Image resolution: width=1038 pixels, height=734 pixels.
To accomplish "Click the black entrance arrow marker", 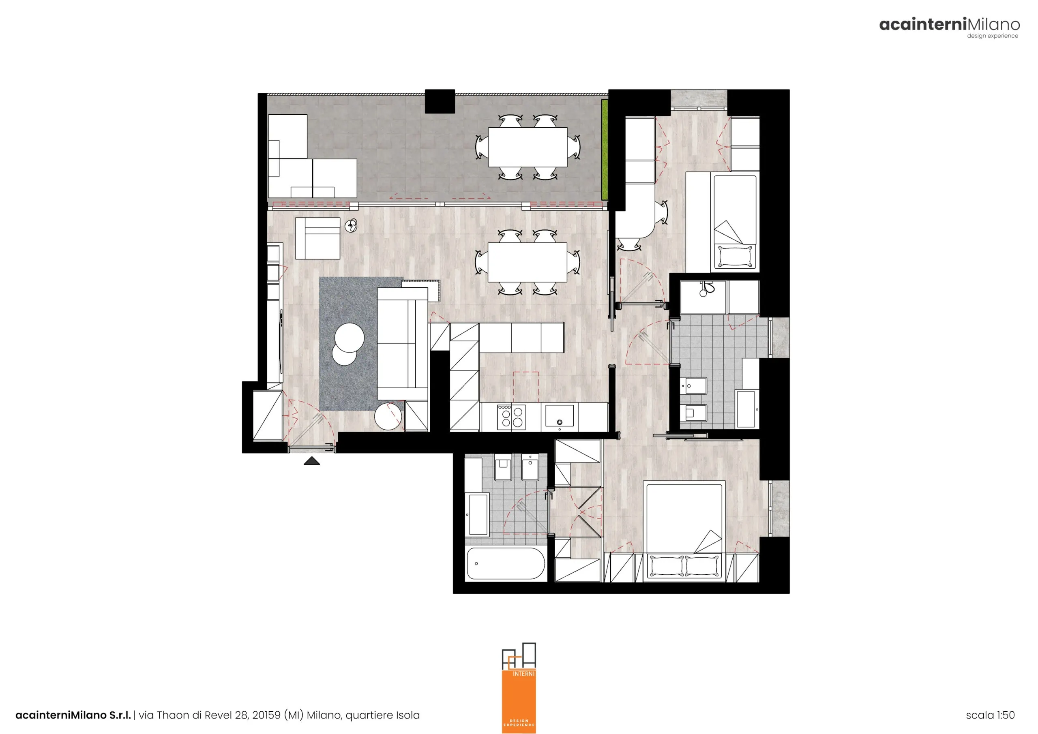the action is (x=311, y=461).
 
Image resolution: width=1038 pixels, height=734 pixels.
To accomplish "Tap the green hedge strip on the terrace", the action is (x=605, y=150).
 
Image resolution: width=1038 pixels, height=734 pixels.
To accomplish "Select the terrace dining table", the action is (x=528, y=147).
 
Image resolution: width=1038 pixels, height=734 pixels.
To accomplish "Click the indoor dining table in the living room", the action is (x=528, y=262).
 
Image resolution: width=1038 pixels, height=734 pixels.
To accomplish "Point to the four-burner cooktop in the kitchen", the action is (x=511, y=417).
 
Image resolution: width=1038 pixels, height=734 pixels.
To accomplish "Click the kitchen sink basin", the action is (x=559, y=416).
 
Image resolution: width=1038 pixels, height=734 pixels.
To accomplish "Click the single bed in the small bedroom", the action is (x=735, y=222).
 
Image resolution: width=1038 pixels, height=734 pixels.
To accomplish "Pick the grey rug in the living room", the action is (x=362, y=344).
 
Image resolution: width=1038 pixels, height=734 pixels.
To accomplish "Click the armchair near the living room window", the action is (x=317, y=238).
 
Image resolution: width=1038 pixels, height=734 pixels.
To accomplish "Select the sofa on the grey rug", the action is (x=402, y=344).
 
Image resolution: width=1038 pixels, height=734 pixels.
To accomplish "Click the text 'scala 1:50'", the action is (x=990, y=715).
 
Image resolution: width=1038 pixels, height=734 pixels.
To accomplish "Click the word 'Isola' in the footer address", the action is (x=408, y=715).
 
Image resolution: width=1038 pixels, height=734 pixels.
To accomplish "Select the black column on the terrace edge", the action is (x=440, y=101).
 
